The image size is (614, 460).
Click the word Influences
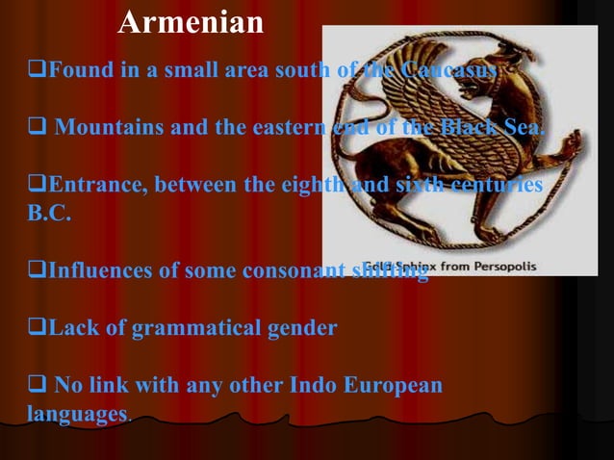tap(99, 270)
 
